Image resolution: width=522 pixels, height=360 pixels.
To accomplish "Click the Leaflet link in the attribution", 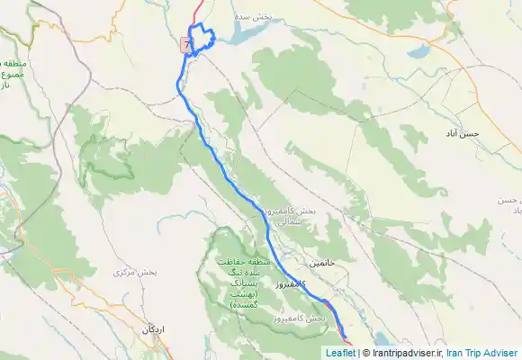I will click(340, 354).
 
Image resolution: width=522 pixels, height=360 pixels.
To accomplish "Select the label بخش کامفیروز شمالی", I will click(291, 215).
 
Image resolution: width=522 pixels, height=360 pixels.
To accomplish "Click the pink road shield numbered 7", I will click(186, 43).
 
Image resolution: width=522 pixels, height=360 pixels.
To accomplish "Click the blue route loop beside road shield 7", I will click(202, 36).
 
